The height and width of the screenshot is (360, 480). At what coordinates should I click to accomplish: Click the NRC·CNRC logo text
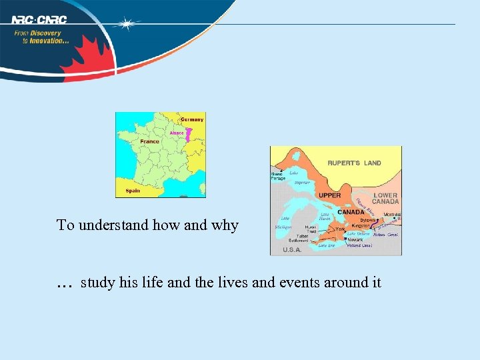(x=39, y=19)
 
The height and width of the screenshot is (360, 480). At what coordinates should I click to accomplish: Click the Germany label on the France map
(x=192, y=119)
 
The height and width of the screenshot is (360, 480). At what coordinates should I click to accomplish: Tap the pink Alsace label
(x=177, y=133)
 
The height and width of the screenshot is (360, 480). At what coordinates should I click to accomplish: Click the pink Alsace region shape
(x=189, y=135)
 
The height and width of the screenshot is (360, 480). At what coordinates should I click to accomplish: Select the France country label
(x=149, y=141)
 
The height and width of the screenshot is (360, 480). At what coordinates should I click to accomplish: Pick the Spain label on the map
(x=133, y=191)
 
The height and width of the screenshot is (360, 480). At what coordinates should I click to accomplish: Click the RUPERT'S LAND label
(x=354, y=163)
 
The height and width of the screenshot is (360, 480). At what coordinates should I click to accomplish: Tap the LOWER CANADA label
(x=385, y=199)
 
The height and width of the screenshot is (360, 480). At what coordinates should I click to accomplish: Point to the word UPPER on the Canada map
(x=329, y=195)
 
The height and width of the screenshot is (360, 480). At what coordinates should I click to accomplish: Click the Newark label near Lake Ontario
(x=355, y=239)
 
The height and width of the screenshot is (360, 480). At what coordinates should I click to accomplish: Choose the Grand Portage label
(x=277, y=176)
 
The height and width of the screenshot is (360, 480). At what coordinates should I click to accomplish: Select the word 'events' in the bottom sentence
(x=297, y=283)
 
